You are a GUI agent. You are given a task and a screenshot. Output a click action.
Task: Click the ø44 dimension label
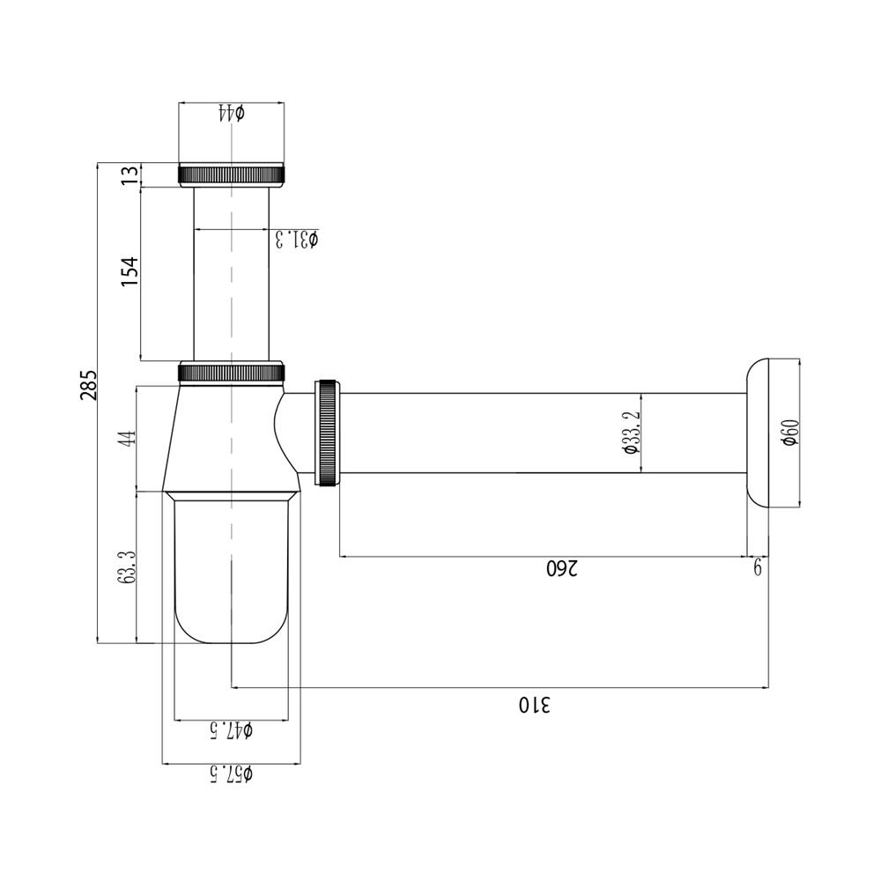[231, 113]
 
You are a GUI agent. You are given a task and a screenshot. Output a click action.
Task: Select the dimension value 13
[130, 174]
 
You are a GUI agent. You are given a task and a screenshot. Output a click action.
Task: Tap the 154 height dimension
[130, 273]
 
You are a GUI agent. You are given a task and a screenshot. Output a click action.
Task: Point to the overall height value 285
[88, 385]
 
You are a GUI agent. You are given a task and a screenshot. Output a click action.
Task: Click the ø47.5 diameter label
[230, 730]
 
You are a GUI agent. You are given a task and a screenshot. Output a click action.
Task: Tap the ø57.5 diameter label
[230, 774]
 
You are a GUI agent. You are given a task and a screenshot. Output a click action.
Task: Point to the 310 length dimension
[534, 704]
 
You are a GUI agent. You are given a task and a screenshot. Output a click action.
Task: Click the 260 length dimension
[562, 568]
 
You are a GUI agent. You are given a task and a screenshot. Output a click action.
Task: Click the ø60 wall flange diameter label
[790, 433]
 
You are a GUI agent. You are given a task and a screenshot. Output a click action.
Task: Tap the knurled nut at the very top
[232, 174]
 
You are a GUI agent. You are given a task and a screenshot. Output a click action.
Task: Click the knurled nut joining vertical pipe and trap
[232, 372]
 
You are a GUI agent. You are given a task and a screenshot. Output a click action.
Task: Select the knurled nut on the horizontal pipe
[327, 432]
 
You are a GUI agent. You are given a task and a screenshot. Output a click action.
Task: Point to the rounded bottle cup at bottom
[231, 573]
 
